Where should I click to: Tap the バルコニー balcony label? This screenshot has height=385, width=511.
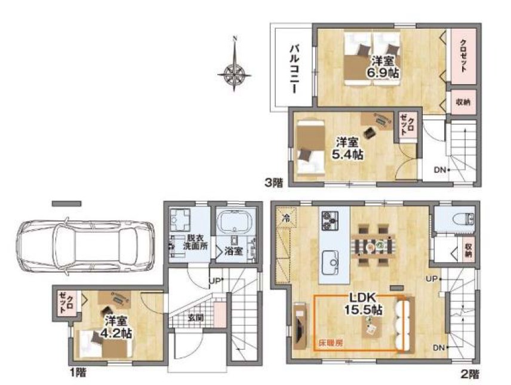(295, 69)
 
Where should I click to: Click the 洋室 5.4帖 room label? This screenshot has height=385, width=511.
(347, 148)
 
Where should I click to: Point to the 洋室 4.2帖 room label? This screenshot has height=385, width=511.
(116, 327)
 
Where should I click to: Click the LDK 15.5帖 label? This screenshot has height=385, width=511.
(364, 303)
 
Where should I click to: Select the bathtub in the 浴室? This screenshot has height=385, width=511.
(235, 221)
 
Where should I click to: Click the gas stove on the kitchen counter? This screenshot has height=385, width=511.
(330, 221)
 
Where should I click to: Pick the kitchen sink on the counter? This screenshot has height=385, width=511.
(331, 263)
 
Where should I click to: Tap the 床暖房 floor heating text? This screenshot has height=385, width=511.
(331, 343)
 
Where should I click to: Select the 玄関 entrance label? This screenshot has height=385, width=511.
(196, 317)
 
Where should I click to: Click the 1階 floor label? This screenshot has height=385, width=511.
(78, 372)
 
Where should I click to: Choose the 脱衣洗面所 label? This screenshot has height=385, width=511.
(195, 242)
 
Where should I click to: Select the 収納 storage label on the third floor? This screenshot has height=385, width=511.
(463, 102)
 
